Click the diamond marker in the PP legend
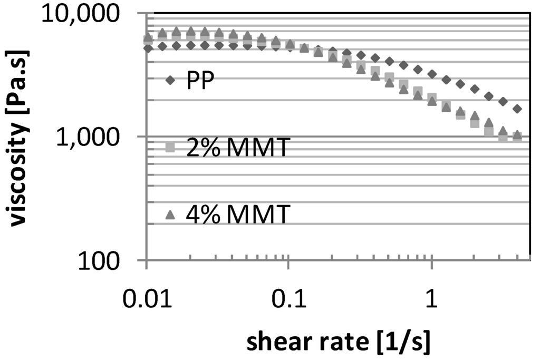(x=170, y=81)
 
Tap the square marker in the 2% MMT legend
(x=170, y=148)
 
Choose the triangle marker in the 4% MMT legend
(x=170, y=215)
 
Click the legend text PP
(x=200, y=81)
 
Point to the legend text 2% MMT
(x=237, y=148)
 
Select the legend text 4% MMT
(x=237, y=215)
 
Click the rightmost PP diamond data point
(x=517, y=109)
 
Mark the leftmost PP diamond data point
(x=148, y=48)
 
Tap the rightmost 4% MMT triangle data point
(x=517, y=135)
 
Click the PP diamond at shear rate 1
(x=432, y=74)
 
